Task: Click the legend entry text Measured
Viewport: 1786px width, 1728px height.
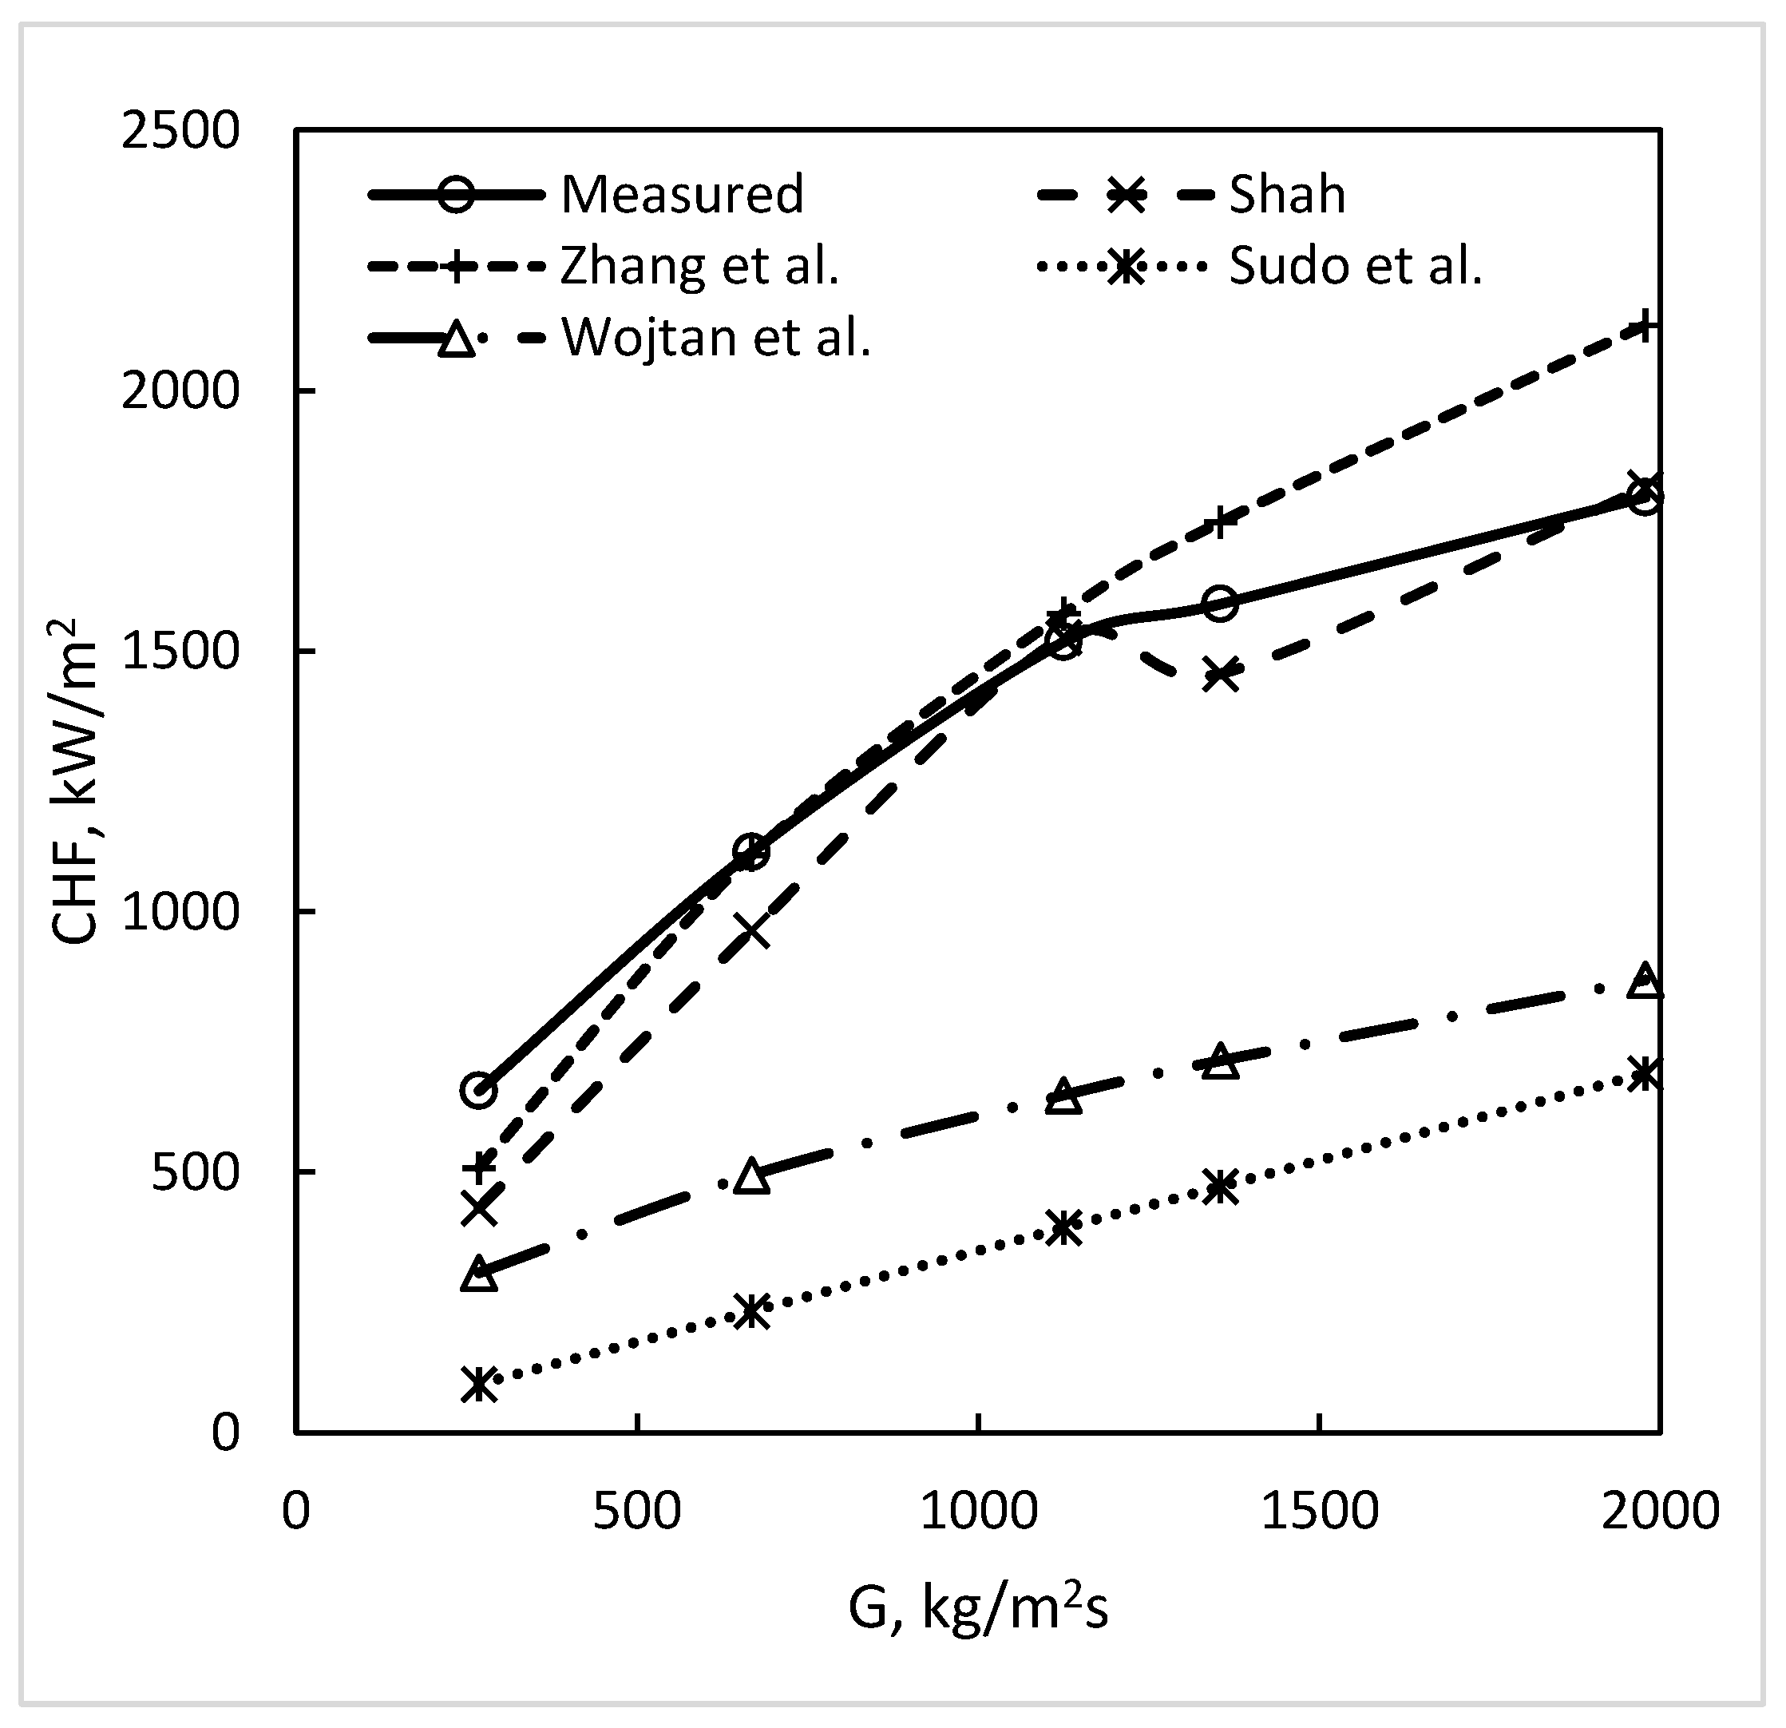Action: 682,194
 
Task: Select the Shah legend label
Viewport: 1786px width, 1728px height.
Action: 1287,194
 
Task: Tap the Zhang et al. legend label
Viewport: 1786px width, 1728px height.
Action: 699,266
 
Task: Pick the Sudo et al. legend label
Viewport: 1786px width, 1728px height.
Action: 1356,266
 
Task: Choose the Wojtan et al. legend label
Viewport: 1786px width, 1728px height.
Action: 716,338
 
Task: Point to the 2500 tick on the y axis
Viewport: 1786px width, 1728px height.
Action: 180,131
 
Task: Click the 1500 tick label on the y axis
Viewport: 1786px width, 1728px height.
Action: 180,652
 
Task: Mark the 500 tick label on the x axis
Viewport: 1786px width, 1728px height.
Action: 637,1511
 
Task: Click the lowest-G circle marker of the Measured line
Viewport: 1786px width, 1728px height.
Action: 479,1089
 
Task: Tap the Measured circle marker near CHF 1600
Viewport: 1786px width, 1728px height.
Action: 1220,602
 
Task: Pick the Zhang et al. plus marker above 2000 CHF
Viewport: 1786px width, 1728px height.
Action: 1644,324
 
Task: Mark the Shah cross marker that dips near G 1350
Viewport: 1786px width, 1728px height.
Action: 1220,676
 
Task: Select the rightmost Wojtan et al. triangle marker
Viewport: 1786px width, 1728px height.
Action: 1645,981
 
